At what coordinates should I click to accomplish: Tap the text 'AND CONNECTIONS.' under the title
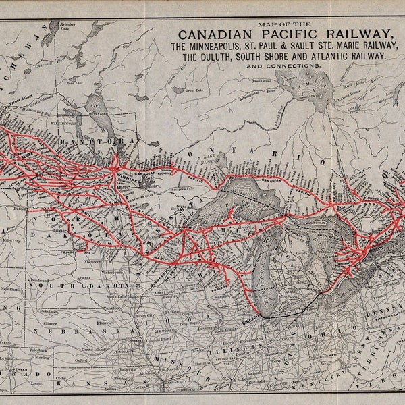pyautogui.click(x=283, y=66)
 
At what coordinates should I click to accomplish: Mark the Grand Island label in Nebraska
pyautogui.click(x=78, y=350)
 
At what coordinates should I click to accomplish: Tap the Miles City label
pyautogui.click(x=9, y=241)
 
